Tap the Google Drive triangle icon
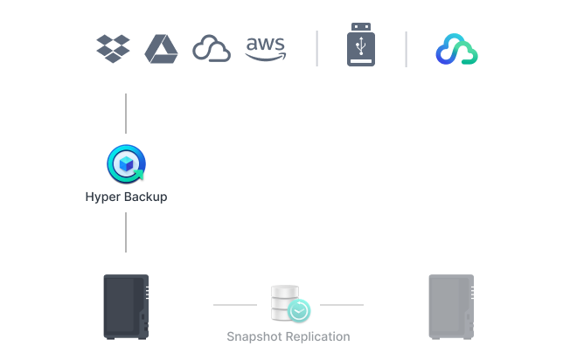pos(162,48)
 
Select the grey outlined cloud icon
pos(212,49)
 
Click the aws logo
pos(266,48)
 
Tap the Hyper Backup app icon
pos(126,163)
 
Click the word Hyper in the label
pos(101,197)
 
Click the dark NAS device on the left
pos(126,306)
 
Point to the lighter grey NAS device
pos(451,306)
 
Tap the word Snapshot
pos(254,336)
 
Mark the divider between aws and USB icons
pos(316,49)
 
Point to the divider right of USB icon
pos(407,49)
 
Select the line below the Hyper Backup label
pos(126,232)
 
